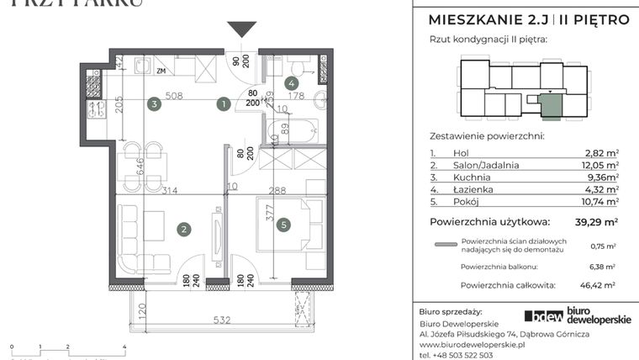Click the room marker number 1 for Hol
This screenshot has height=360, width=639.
click(x=223, y=104)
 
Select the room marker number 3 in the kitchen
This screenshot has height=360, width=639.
click(x=154, y=104)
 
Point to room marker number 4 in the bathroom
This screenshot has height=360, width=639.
click(x=290, y=82)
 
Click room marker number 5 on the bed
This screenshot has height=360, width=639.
click(x=285, y=225)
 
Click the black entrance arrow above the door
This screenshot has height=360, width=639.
click(x=243, y=29)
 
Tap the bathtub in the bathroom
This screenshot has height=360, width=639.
click(x=291, y=130)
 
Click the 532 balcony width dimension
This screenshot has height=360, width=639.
click(x=223, y=320)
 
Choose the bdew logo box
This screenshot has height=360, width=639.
click(x=544, y=316)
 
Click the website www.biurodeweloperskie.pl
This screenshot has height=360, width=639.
click(x=472, y=345)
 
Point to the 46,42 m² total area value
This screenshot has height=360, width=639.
click(x=598, y=286)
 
